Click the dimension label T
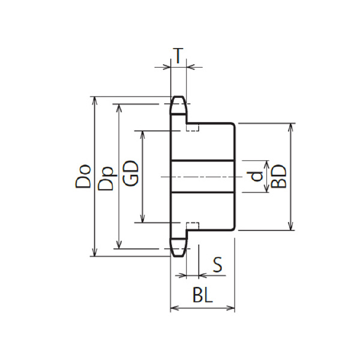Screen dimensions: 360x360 pos(179,55)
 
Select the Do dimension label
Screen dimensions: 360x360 pos(83,176)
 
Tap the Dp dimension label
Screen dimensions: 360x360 pos(106,178)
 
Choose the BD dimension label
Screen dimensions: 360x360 pos(279,176)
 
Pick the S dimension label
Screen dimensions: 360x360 pos(217,265)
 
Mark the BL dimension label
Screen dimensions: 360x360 pos(203,295)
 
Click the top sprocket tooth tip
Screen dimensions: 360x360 pos(178,97)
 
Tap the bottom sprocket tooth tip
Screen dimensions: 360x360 pos(178,256)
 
